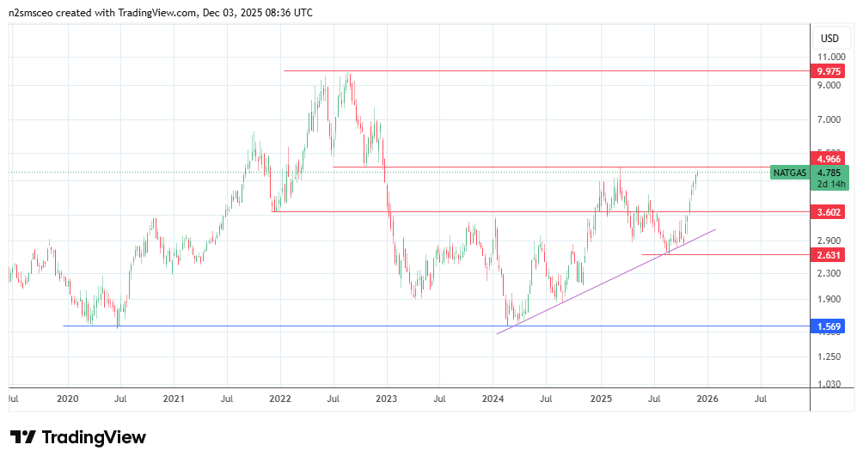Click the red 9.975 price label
(830, 71)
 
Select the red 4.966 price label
(830, 158)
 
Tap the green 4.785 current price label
(830, 172)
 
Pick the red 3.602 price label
(830, 211)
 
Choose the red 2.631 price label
(830, 254)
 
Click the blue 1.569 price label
(830, 326)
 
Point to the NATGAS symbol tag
(789, 173)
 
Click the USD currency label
(829, 39)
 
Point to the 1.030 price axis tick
(829, 384)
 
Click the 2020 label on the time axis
(67, 399)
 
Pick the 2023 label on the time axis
(387, 399)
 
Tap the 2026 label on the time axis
(707, 399)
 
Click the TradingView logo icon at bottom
(23, 437)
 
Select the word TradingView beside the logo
(95, 437)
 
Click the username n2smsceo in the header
(38, 13)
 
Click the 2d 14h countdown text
(831, 184)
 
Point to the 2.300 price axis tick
(829, 273)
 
